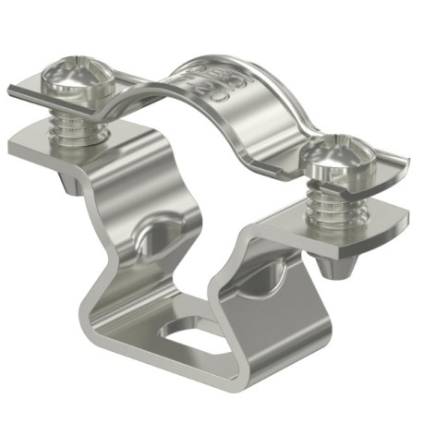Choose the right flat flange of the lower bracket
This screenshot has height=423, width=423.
tap(369, 222)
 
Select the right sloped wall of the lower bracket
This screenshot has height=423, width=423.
tap(277, 296)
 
